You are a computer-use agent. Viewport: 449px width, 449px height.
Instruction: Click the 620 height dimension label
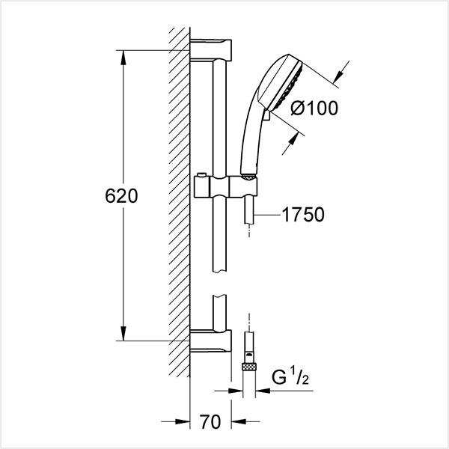(x=121, y=196)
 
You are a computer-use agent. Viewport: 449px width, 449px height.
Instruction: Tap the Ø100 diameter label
(x=314, y=109)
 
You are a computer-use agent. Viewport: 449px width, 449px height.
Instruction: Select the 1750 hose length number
(x=303, y=215)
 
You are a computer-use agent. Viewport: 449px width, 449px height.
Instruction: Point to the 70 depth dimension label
(x=210, y=422)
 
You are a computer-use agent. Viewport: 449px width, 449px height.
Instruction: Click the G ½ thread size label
(x=290, y=378)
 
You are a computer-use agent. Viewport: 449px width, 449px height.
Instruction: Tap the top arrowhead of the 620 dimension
(x=123, y=58)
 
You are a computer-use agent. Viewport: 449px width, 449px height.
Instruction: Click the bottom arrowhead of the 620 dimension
(x=123, y=334)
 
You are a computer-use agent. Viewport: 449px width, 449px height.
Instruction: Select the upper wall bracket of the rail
(x=210, y=50)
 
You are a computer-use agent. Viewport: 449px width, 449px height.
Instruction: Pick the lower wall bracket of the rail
(x=210, y=340)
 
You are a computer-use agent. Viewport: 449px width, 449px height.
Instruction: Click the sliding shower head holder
(x=226, y=187)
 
